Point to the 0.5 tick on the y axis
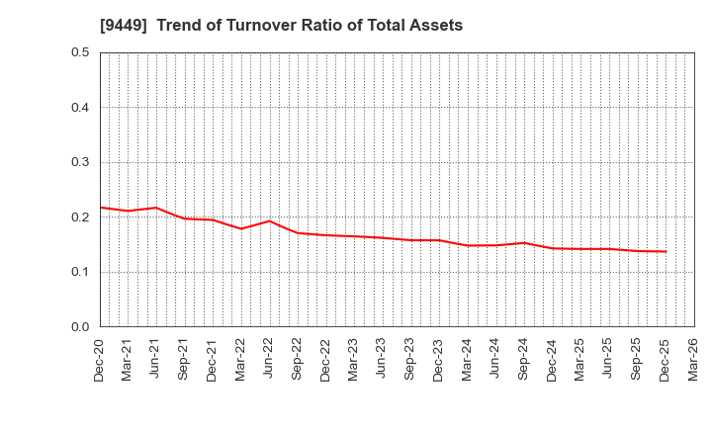pyautogui.click(x=81, y=52)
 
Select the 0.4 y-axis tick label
pyautogui.click(x=81, y=108)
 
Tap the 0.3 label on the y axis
pyautogui.click(x=81, y=162)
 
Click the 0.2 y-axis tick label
pyautogui.click(x=81, y=217)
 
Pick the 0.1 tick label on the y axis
pyautogui.click(x=81, y=272)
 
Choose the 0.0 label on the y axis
pyautogui.click(x=81, y=327)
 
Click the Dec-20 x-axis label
pyautogui.click(x=100, y=360)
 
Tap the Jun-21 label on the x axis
pyautogui.click(x=156, y=360)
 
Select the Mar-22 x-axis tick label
pyautogui.click(x=241, y=360)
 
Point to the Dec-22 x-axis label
pyautogui.click(x=326, y=360)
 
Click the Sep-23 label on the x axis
pyautogui.click(x=411, y=360)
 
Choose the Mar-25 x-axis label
pyautogui.click(x=580, y=360)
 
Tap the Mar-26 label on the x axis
pyautogui.click(x=694, y=360)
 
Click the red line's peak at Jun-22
pyautogui.click(x=269, y=220)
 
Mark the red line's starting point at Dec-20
pyautogui.click(x=100, y=208)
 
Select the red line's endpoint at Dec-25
pyautogui.click(x=666, y=251)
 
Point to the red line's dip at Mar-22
pyautogui.click(x=241, y=228)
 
